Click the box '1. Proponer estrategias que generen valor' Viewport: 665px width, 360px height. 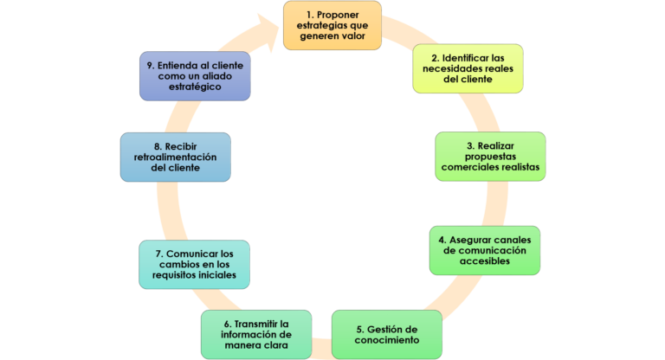point(332,25)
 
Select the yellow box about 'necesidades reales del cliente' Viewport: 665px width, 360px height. point(468,68)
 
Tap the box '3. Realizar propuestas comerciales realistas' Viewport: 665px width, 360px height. point(490,156)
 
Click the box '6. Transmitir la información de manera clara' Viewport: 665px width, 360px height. point(256,334)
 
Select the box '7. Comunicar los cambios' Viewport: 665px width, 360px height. point(194,264)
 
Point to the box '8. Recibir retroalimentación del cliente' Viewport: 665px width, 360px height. point(176,156)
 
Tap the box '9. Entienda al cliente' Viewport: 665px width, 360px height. point(195,75)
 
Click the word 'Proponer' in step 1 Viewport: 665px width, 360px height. point(340,15)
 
